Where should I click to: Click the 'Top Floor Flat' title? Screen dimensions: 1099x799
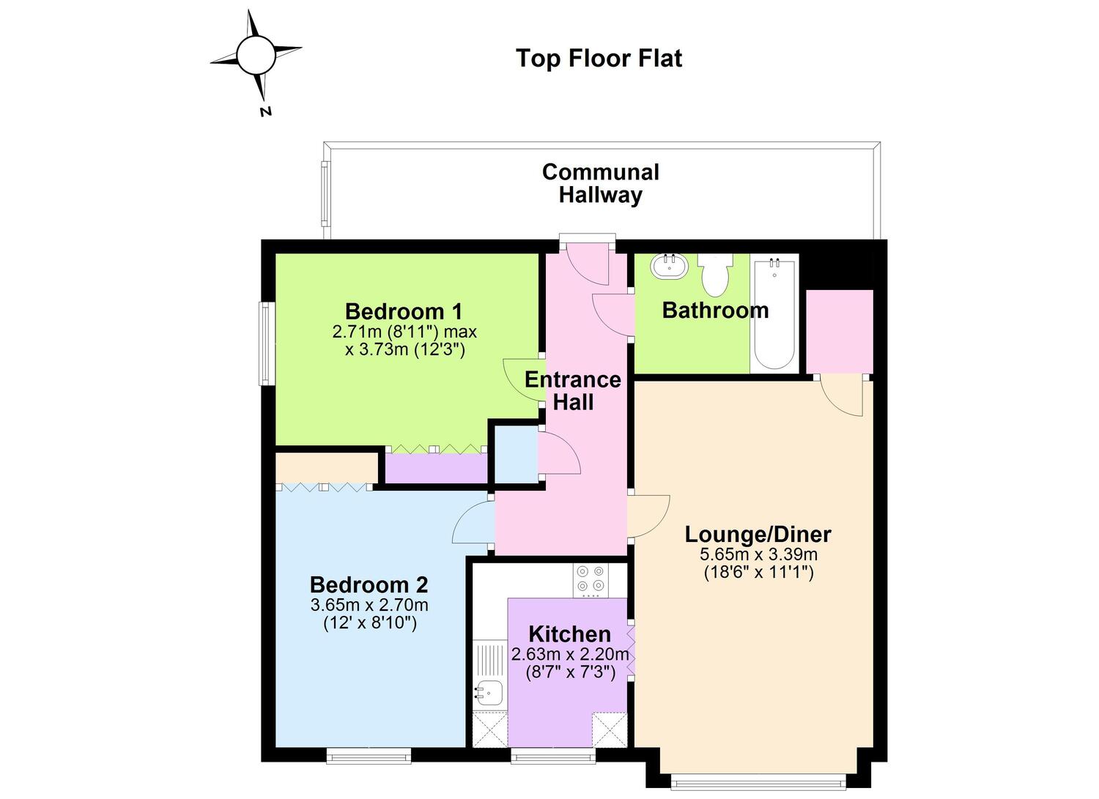[x=599, y=59]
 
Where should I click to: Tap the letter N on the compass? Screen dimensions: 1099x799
[x=265, y=111]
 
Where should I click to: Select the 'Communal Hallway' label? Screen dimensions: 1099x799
[x=601, y=183]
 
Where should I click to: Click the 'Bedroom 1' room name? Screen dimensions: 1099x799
[x=404, y=311]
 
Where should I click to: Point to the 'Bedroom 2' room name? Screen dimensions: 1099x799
[x=369, y=584]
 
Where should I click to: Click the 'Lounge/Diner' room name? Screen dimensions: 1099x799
[x=758, y=535]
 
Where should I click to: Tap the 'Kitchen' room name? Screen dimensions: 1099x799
[x=569, y=634]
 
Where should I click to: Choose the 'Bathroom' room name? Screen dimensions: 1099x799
[x=715, y=311]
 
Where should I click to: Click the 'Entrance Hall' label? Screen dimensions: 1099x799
[x=573, y=391]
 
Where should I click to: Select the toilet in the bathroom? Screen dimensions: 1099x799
[x=715, y=275]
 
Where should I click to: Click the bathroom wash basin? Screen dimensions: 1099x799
[x=669, y=267]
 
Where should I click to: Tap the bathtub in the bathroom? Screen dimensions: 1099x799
[x=774, y=314]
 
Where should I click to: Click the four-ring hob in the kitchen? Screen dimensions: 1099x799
[x=591, y=580]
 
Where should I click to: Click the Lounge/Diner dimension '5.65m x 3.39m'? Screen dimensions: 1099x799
[x=758, y=554]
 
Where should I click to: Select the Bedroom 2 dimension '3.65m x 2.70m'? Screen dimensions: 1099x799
[x=369, y=605]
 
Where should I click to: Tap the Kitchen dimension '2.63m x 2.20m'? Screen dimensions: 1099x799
[x=570, y=654]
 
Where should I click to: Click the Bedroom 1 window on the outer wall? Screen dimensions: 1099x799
[x=267, y=343]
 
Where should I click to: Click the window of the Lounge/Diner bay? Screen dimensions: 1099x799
[x=758, y=782]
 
